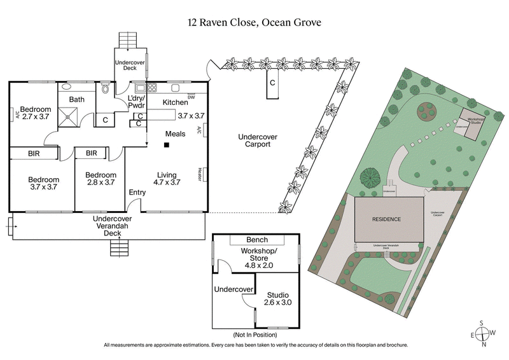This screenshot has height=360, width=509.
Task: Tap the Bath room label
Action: (77, 99)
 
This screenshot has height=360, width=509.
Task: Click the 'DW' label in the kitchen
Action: (191, 97)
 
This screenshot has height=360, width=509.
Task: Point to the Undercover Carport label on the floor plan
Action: (254, 141)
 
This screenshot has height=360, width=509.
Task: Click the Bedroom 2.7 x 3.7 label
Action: (36, 113)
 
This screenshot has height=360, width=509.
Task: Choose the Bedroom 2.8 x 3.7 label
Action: (101, 179)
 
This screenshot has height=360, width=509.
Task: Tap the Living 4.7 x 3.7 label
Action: (167, 179)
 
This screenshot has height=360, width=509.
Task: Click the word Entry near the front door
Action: (137, 193)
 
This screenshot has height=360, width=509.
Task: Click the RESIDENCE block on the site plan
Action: (387, 219)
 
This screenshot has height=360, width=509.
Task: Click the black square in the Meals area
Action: (165, 146)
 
